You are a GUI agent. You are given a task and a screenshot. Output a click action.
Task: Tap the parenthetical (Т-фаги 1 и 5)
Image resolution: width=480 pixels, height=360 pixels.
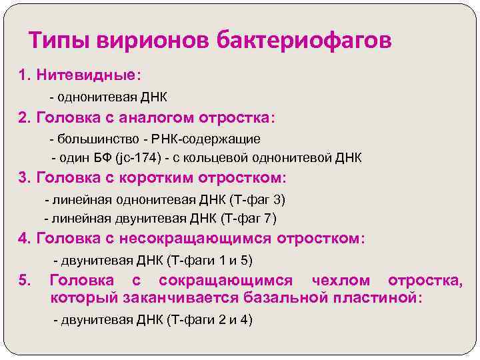212,260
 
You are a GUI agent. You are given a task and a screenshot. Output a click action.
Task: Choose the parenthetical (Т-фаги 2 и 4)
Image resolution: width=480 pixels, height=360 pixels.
211,320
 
